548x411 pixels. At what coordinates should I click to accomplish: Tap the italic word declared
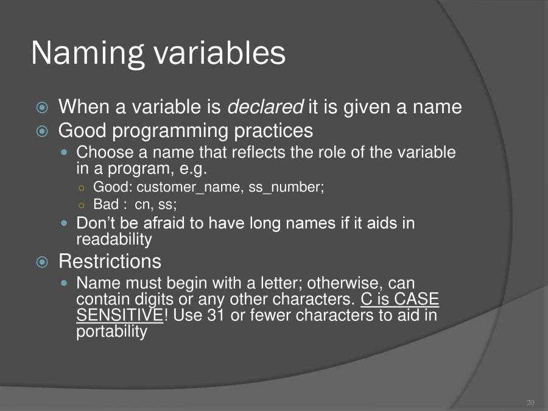265,107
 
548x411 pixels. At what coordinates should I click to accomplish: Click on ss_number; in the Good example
286,188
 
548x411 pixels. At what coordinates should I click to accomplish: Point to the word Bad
106,204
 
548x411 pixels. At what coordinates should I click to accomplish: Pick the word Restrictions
110,262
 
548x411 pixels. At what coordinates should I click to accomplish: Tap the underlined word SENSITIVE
119,316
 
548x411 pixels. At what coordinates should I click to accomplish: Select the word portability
111,332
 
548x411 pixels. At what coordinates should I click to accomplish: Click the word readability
114,240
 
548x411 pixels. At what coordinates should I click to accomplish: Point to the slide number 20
530,403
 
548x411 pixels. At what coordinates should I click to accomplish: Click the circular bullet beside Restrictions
42,262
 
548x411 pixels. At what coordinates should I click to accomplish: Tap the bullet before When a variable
42,108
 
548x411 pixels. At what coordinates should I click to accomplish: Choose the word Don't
94,223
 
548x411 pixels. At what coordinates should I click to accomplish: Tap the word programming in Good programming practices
168,131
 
